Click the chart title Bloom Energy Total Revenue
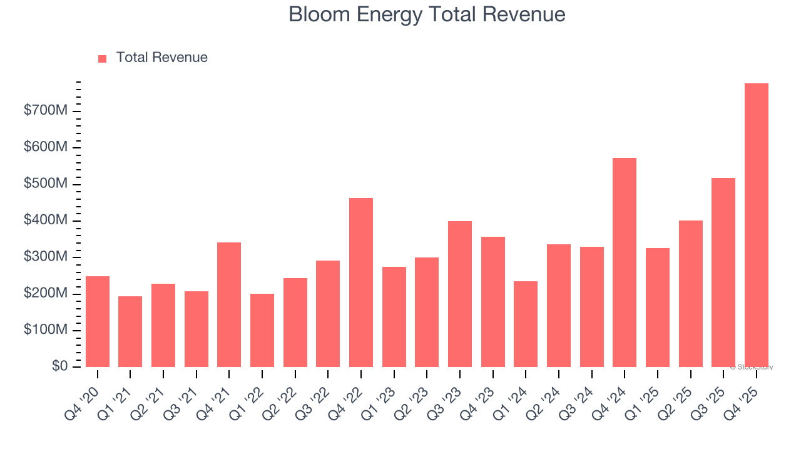pos(427,14)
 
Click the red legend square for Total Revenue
pos(103,58)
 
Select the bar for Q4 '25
pos(756,225)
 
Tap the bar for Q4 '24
pos(625,262)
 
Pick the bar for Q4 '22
pos(361,283)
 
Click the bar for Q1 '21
pos(130,331)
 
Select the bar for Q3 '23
pos(460,294)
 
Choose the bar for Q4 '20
pos(98,321)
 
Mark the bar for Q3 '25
pos(723,272)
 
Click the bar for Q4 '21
pos(229,304)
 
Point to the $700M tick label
pos(46,111)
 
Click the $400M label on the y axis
pos(46,220)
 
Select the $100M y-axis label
pos(46,330)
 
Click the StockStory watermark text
pos(752,367)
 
